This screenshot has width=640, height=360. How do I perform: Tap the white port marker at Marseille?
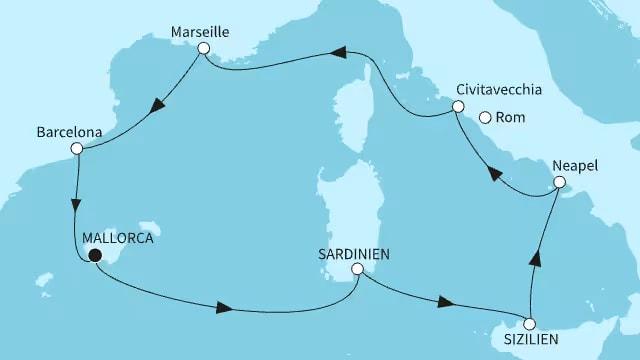[204, 48]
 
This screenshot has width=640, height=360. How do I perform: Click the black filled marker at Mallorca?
[95, 256]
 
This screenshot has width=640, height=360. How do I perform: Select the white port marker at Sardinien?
[357, 269]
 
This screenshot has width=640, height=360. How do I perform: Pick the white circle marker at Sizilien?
[530, 324]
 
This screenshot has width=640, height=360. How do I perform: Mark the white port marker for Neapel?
[559, 183]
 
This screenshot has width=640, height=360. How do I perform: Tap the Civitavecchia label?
[498, 90]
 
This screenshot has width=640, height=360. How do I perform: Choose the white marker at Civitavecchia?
[459, 107]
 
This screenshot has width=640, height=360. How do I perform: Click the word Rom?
[508, 117]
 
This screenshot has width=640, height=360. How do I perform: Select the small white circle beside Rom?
[485, 117]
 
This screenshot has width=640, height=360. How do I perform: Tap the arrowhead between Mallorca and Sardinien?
[225, 308]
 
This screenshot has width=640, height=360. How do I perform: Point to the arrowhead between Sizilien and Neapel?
[536, 260]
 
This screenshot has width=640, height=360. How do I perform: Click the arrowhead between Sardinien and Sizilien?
[450, 304]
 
